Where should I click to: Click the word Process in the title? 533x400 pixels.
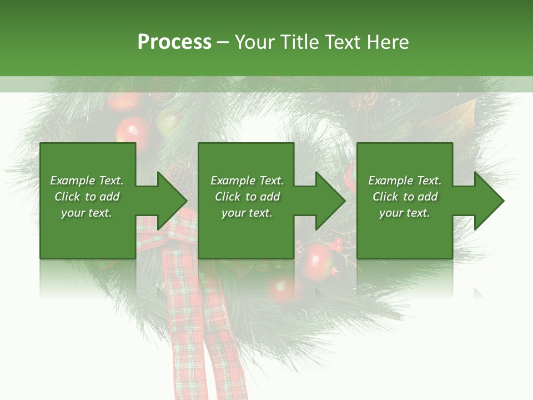[174, 42]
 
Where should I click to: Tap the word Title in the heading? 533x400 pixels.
[298, 42]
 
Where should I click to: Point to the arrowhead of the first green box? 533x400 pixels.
[173, 201]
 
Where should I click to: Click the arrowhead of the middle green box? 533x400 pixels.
[331, 201]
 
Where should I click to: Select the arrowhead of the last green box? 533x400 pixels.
[490, 201]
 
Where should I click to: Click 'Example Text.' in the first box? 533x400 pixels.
[87, 181]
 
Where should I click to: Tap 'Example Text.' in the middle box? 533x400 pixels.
[247, 181]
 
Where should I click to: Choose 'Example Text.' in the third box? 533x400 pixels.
[405, 181]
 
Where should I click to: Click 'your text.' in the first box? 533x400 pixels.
[87, 213]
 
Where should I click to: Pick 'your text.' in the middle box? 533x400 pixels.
[247, 213]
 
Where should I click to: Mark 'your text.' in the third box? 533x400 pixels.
[405, 213]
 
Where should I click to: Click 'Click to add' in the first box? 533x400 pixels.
[87, 197]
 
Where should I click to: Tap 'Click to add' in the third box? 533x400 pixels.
[405, 197]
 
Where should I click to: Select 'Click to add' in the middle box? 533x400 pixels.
[247, 197]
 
